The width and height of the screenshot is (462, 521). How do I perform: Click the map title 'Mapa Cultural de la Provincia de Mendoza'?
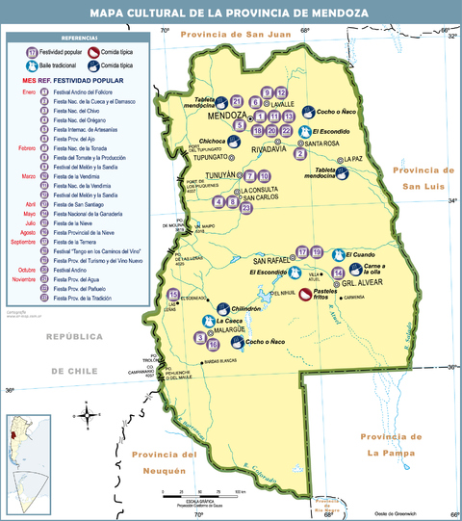(231, 13)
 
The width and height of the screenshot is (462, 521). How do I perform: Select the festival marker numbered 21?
(236, 99)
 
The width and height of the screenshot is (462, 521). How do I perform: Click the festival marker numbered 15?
(173, 295)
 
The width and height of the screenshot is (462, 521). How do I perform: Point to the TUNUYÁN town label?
(222, 176)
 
